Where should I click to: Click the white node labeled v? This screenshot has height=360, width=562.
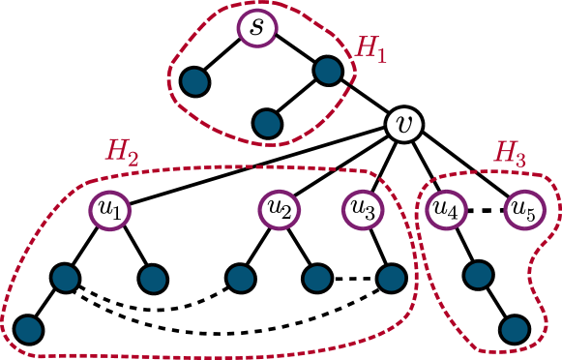[404, 124]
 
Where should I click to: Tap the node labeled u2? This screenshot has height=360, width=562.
[279, 209]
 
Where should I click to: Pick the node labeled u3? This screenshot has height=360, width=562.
[363, 209]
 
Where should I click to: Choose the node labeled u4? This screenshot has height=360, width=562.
[446, 209]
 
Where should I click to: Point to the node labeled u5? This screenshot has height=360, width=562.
[523, 209]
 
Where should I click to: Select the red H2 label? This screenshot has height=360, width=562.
[122, 151]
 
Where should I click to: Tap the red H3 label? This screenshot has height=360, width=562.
[510, 153]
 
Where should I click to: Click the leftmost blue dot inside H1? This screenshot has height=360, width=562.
[195, 81]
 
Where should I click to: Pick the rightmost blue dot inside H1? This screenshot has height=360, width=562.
[328, 70]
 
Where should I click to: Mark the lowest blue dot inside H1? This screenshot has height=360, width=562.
[267, 123]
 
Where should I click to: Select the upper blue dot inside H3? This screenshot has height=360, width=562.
[478, 275]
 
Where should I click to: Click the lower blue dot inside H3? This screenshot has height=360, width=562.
[515, 329]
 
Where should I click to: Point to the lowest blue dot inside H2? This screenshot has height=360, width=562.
[29, 329]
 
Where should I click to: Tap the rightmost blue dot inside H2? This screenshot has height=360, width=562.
[391, 279]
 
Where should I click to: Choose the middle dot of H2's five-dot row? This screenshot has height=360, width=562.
[241, 279]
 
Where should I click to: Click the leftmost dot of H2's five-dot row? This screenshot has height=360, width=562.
[65, 278]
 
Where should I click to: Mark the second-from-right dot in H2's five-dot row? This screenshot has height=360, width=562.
[317, 279]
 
